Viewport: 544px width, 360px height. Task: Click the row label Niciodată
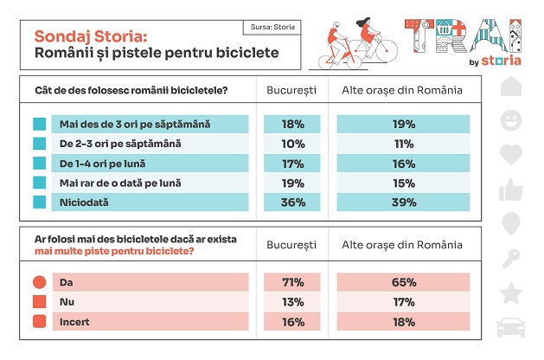(80, 202)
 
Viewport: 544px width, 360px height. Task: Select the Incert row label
(74, 322)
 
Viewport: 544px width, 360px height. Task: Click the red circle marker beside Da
(39, 283)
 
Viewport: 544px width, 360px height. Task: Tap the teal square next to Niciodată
(39, 202)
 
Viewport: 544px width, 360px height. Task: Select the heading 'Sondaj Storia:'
(90, 36)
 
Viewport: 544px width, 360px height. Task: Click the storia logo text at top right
(501, 61)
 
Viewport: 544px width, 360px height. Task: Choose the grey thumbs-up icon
(511, 189)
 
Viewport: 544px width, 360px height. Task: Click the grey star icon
(511, 292)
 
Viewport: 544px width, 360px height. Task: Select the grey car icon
(511, 328)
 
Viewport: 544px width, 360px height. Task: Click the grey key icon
(511, 258)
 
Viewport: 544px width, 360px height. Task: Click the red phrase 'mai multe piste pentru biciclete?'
(115, 251)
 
